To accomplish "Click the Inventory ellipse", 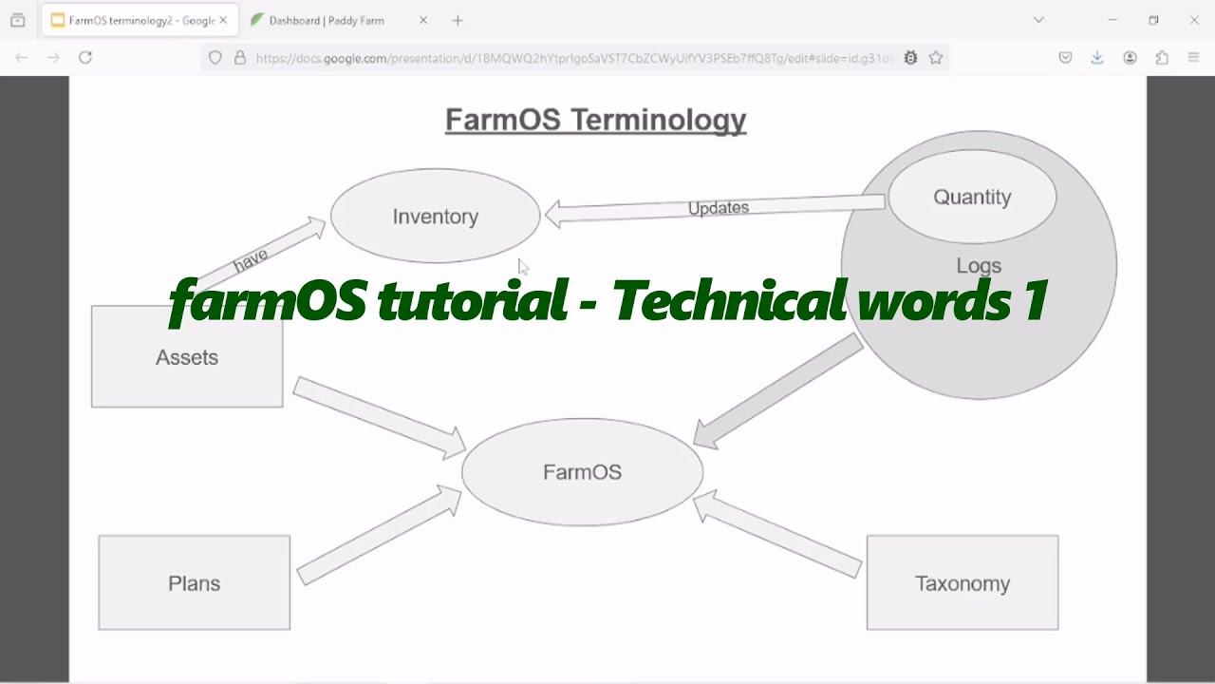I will [x=435, y=217].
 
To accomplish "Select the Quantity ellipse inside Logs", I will [x=972, y=197].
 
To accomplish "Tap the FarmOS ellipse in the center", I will [x=582, y=472].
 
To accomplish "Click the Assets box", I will [x=187, y=358].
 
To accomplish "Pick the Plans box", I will [x=195, y=583].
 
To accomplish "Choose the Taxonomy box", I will [x=962, y=583].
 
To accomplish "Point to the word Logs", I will [x=979, y=266].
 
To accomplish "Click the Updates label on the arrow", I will [x=719, y=208].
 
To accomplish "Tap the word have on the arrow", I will [x=251, y=258].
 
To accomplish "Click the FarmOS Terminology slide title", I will [x=595, y=120].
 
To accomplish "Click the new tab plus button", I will [x=458, y=20].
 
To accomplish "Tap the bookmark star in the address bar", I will [x=936, y=58].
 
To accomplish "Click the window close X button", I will [x=1194, y=20].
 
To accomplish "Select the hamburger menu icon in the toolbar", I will [x=1193, y=58].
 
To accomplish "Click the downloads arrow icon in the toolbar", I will [x=1097, y=58].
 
